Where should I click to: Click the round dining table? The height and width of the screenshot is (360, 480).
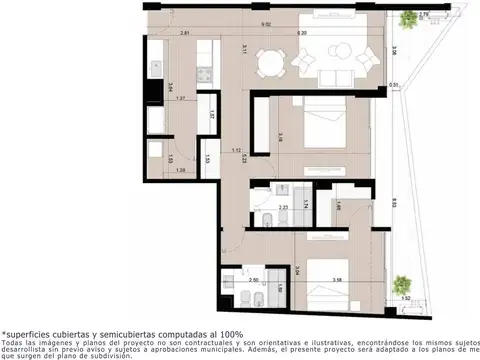pos(266,63)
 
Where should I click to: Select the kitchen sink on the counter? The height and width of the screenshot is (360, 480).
pos(156,68)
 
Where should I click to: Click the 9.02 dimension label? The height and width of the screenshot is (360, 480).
pos(265,24)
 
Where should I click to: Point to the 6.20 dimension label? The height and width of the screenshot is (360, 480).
pos(302,33)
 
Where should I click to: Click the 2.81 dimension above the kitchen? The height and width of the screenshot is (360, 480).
pos(185,33)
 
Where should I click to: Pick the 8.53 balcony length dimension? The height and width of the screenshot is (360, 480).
pos(397,202)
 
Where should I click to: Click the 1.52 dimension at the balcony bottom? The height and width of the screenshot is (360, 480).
pos(406,297)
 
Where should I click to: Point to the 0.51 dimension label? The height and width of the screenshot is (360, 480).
pos(395,86)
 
